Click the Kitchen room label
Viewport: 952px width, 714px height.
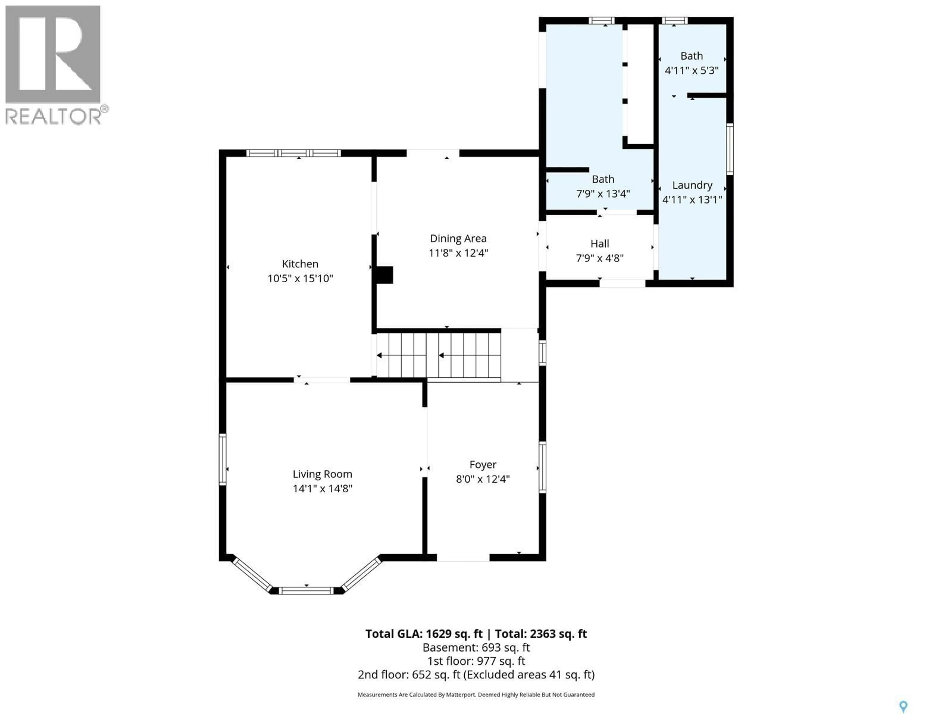pos(300,264)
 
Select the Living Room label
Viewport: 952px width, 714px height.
pos(322,474)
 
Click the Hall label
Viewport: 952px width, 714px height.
pos(599,244)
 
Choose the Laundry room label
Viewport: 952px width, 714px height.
pos(692,185)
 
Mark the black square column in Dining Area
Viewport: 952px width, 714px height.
pos(384,275)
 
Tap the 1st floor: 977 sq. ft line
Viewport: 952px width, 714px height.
pos(476,661)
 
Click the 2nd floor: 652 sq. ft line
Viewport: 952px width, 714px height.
pos(476,674)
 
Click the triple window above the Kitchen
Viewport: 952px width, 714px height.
pos(294,153)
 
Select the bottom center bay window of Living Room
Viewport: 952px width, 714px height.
pos(306,591)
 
